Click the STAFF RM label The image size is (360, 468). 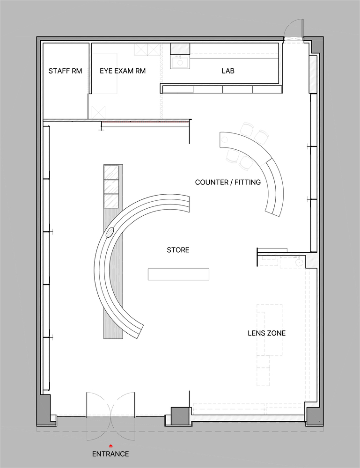[x=65, y=71]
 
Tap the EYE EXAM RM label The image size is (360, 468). [x=123, y=71]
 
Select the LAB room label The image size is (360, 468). [x=228, y=71]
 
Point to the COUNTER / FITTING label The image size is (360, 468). [x=228, y=182]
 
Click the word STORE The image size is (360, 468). [x=178, y=250]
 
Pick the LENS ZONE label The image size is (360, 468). [x=266, y=333]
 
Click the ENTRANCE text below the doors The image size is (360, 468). [x=110, y=454]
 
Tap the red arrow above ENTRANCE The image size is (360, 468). [x=110, y=446]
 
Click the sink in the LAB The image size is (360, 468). [x=180, y=62]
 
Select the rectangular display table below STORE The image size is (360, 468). [x=178, y=274]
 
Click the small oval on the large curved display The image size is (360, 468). [x=110, y=232]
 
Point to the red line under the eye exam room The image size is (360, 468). [x=146, y=122]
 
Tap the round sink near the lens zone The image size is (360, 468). [x=299, y=262]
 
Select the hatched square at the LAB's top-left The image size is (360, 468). [x=180, y=49]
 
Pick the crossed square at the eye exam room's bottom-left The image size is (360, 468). [x=98, y=112]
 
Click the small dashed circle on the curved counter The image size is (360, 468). [x=225, y=139]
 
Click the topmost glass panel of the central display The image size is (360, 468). [x=111, y=172]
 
